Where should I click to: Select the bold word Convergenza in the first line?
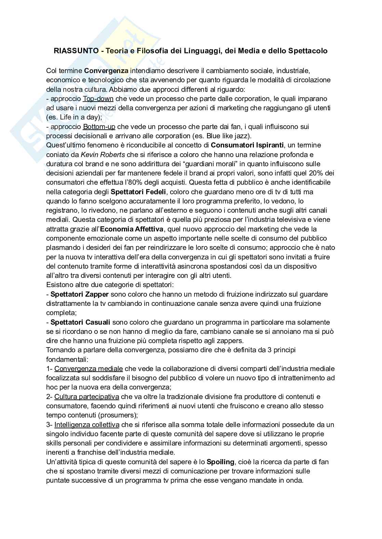106,71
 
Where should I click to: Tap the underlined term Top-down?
98,99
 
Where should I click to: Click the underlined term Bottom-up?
99,127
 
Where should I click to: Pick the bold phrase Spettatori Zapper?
80,294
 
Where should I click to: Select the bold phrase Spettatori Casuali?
80,322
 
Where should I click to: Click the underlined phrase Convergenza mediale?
88,369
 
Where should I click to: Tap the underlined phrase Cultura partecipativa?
86,397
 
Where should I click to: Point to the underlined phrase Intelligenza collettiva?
87,425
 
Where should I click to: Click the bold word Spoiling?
220,462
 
